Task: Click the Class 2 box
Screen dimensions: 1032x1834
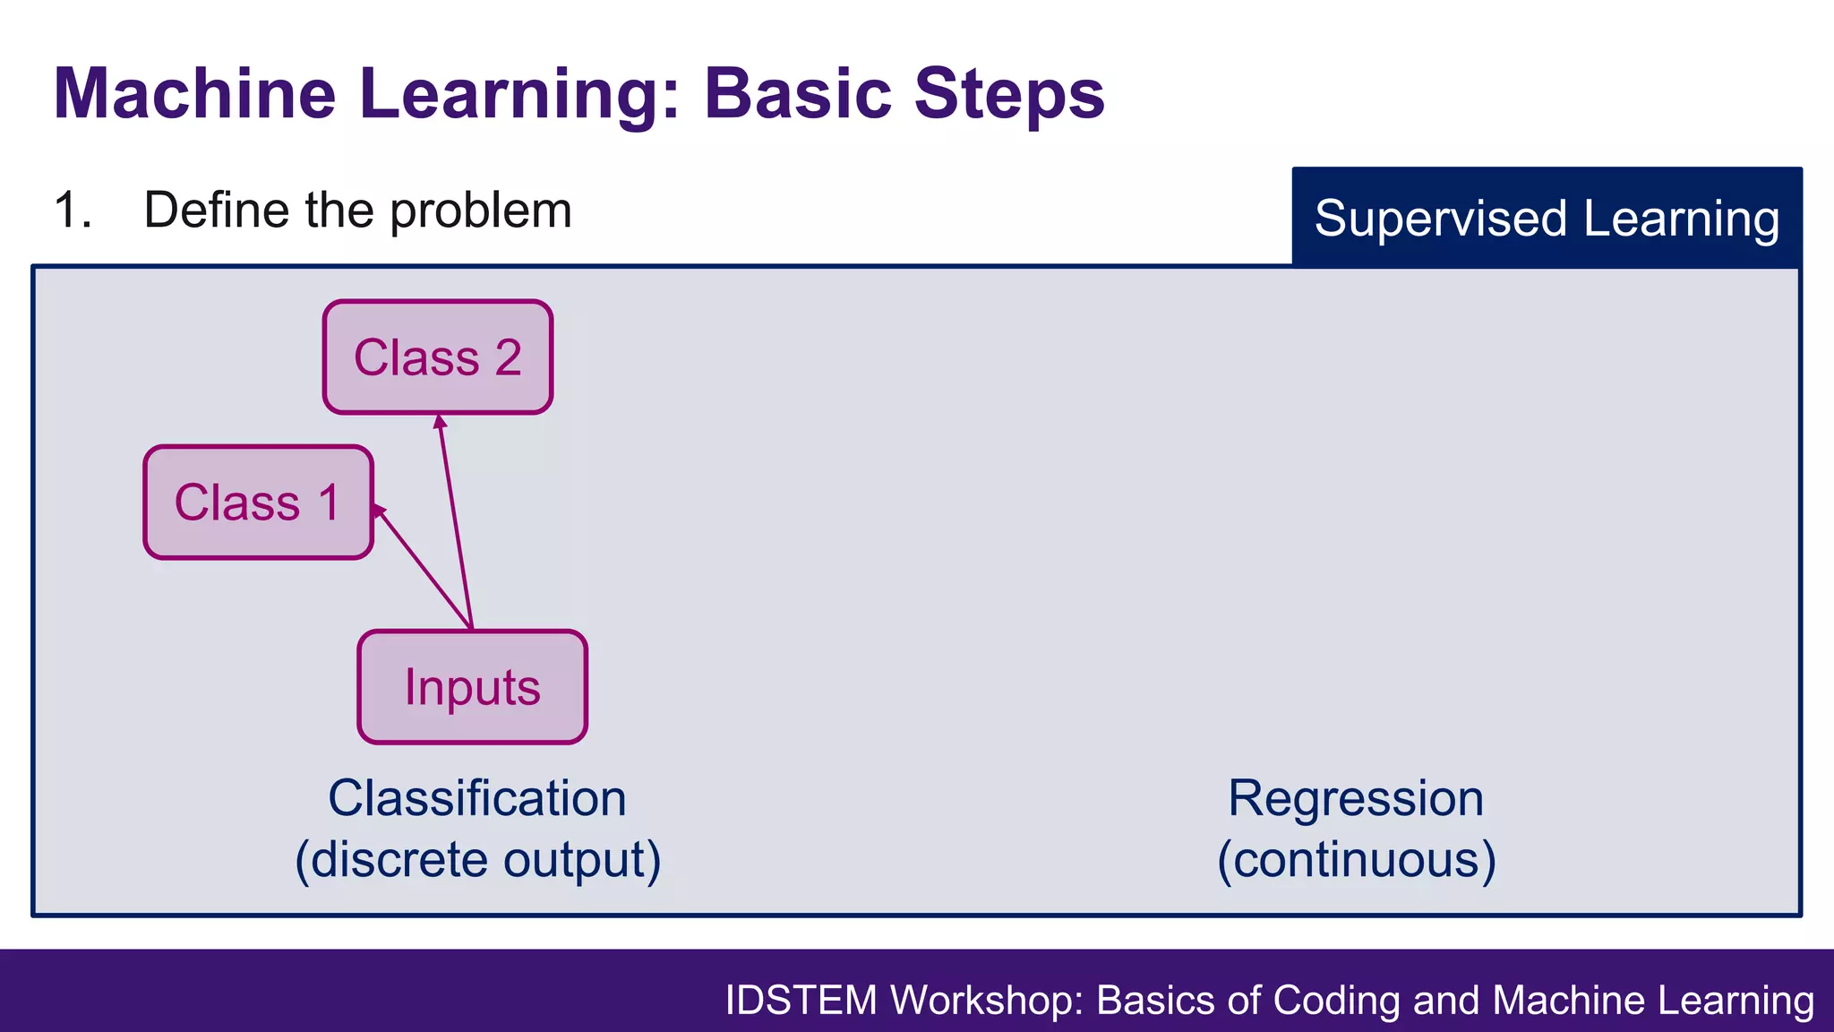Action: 437,357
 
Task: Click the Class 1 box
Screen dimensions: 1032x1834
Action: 258,502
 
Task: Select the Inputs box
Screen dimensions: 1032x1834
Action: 472,687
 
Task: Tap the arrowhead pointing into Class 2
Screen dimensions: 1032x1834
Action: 439,422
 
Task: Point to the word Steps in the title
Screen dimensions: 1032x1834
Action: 1009,93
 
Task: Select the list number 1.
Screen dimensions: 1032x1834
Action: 72,211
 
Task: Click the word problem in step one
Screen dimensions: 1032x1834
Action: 480,211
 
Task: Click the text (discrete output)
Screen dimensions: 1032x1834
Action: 477,859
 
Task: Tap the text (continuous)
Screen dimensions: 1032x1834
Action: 1356,859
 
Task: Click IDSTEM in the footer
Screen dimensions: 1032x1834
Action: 801,1000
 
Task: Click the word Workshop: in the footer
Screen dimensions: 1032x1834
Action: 986,1000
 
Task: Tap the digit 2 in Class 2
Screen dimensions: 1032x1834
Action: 508,357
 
